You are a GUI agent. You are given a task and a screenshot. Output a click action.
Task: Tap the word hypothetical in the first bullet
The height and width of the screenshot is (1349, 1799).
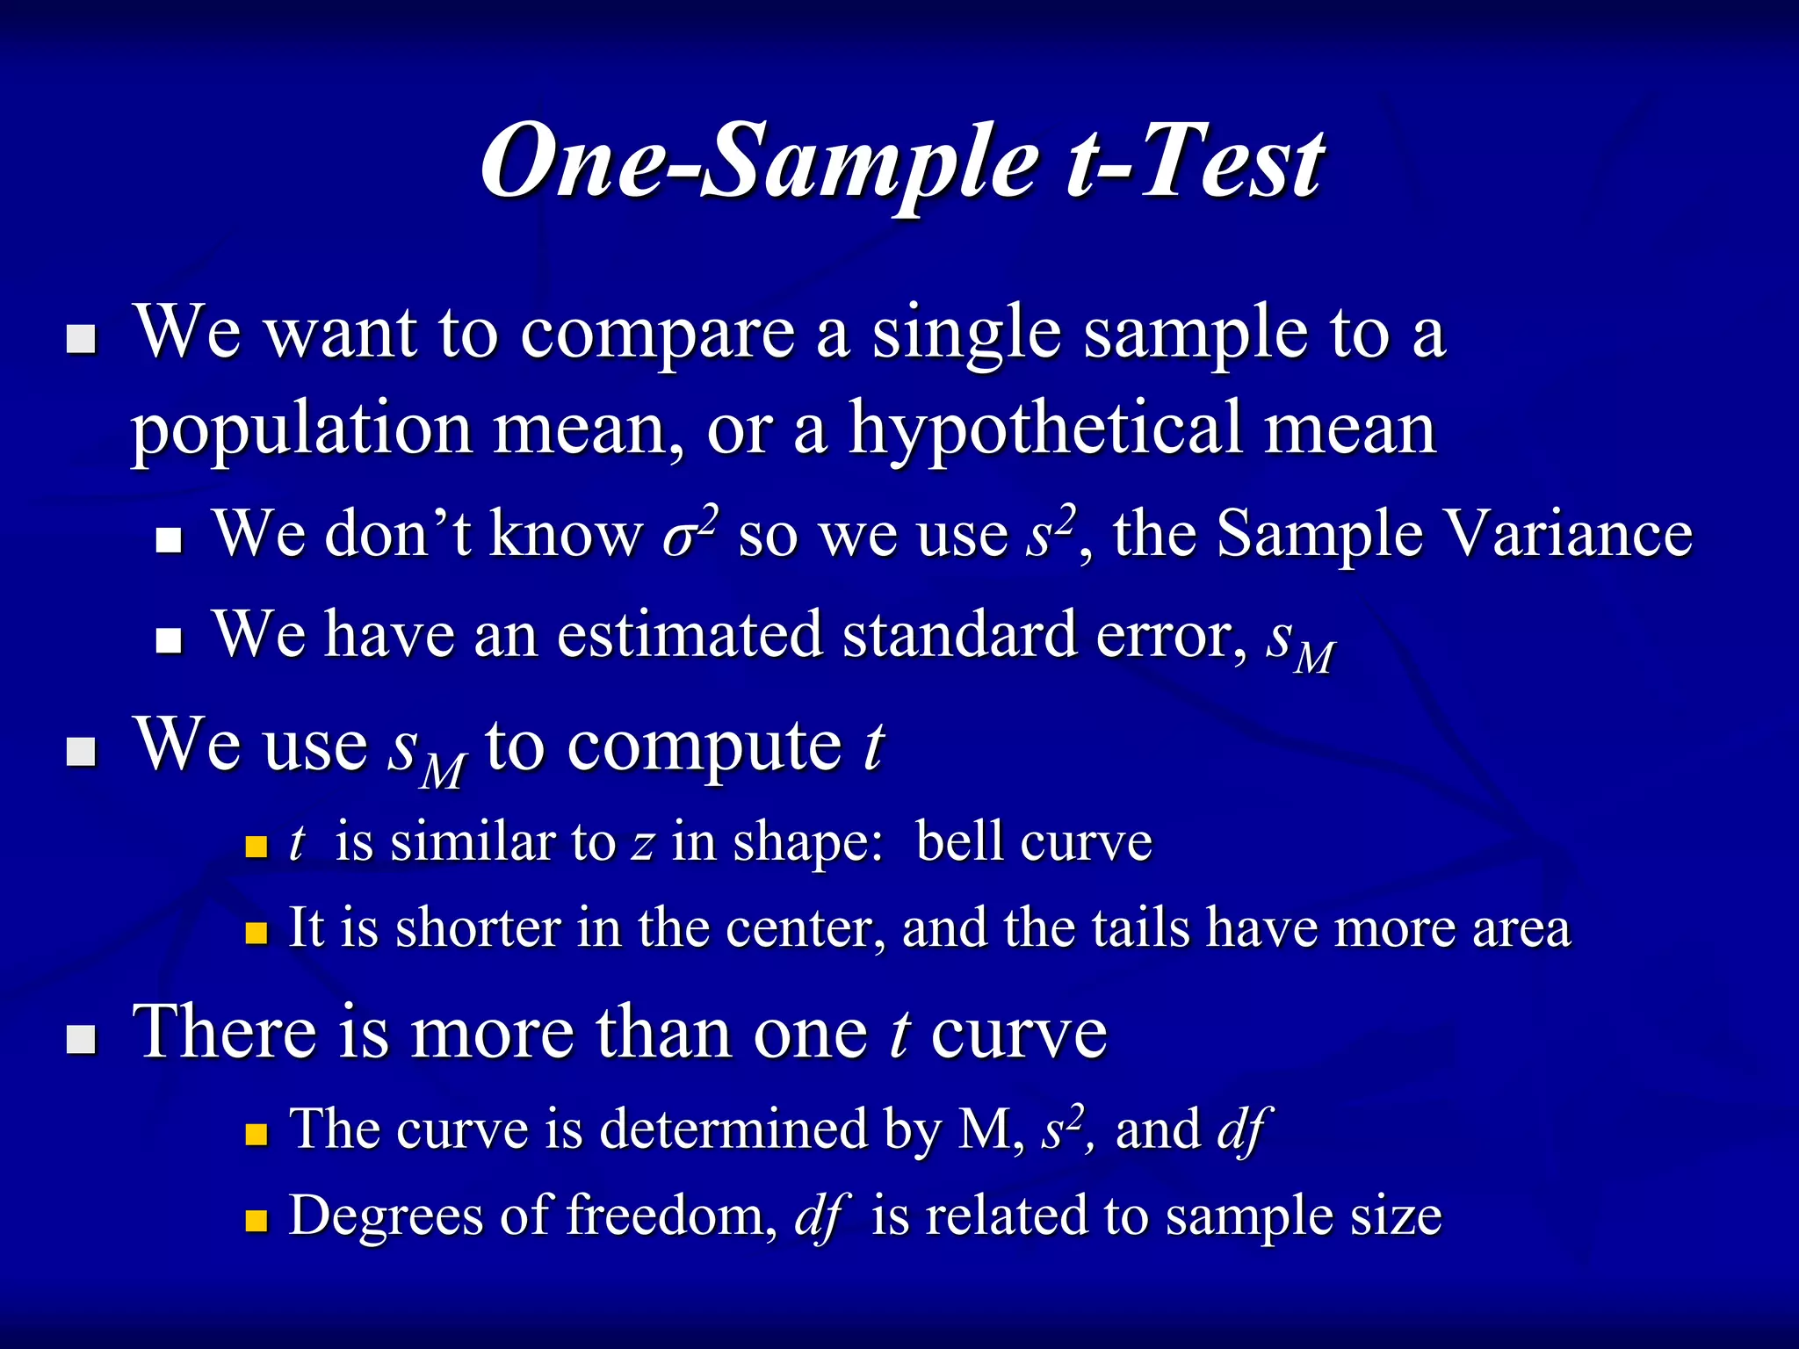point(1044,429)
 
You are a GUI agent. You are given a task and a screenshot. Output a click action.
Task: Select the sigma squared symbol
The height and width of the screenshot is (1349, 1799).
point(690,531)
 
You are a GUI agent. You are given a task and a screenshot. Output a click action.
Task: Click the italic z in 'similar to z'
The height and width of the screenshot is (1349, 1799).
point(642,843)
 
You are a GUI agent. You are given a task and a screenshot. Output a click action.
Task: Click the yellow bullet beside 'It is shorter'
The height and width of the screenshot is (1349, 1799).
point(256,933)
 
